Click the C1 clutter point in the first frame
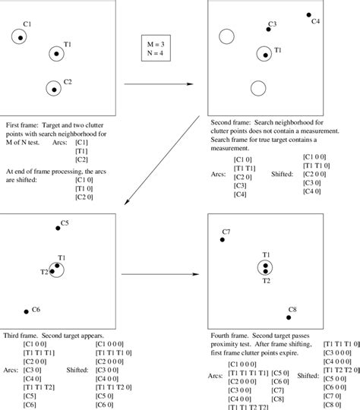pos(17,36)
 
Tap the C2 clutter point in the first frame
pos(53,89)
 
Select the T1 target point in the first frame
pos(55,53)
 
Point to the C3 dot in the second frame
pos(270,30)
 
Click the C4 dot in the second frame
pos(309,14)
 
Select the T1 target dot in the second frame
pos(264,53)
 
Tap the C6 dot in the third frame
pos(27,311)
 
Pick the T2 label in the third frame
pos(44,272)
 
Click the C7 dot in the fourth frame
pos(223,239)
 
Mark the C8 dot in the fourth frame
pos(290,307)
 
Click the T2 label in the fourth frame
pos(267,281)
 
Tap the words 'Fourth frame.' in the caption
pos(229,334)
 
